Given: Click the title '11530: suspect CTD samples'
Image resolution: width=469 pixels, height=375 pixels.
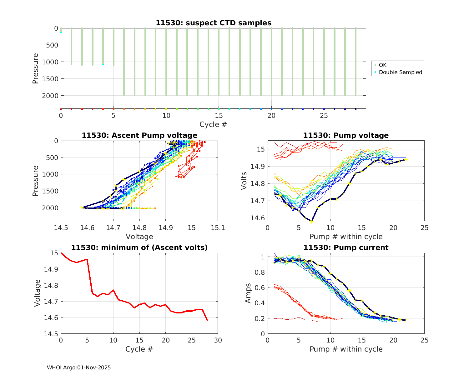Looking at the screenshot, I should pos(214,23).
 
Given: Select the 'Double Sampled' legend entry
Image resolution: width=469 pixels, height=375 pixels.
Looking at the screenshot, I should pos(400,72).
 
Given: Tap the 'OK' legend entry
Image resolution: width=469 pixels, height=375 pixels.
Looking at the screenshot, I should pos(382,65).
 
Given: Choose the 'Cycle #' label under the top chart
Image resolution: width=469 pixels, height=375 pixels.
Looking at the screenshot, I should pos(213,124).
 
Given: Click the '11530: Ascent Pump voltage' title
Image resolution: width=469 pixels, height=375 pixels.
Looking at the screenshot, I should pos(139,135).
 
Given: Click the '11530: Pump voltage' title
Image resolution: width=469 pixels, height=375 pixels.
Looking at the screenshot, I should pos(346,135).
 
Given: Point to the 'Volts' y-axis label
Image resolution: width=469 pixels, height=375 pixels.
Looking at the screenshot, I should pos(244,181).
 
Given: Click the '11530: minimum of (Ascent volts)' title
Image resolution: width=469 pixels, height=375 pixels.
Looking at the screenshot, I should pos(139,247).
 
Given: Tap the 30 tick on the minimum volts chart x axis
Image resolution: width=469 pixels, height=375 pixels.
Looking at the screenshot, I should pos(218,340).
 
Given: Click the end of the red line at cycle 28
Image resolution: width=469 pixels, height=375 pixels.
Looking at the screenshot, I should pos(207,320).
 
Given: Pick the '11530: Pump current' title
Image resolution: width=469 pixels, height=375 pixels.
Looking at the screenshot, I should pos(346,247).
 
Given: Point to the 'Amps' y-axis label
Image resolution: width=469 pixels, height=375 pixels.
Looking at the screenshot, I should pos(248,293).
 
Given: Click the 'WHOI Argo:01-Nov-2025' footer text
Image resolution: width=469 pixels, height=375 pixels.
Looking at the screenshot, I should pos(79,367).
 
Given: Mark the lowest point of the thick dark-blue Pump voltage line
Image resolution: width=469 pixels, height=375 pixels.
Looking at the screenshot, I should pos(311,221).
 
